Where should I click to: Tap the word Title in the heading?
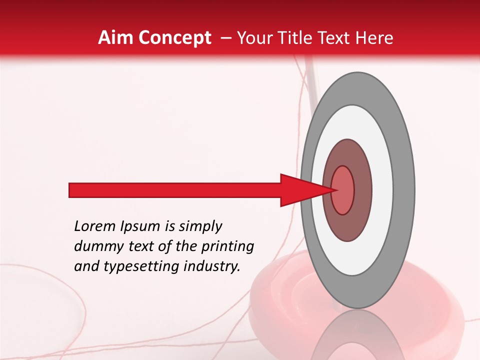coord(292,38)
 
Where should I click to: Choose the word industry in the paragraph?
coord(210,266)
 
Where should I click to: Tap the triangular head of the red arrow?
coord(300,190)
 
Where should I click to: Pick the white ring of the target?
coord(383,190)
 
